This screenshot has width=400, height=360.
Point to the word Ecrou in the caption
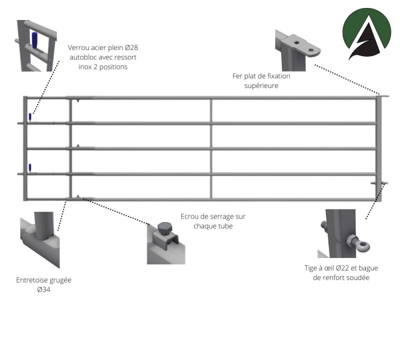click(x=190, y=216)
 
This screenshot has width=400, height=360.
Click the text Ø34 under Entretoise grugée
click(x=43, y=289)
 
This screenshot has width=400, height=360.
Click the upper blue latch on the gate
click(x=30, y=117)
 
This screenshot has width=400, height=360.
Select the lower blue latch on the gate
click(x=30, y=167)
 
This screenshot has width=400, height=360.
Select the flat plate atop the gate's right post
click(x=384, y=95)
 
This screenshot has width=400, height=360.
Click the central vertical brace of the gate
click(x=210, y=148)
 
